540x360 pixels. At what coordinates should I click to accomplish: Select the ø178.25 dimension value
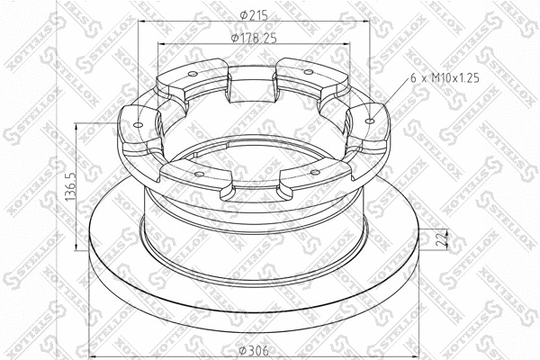(254, 38)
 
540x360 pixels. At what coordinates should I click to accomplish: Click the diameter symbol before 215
(238, 13)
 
